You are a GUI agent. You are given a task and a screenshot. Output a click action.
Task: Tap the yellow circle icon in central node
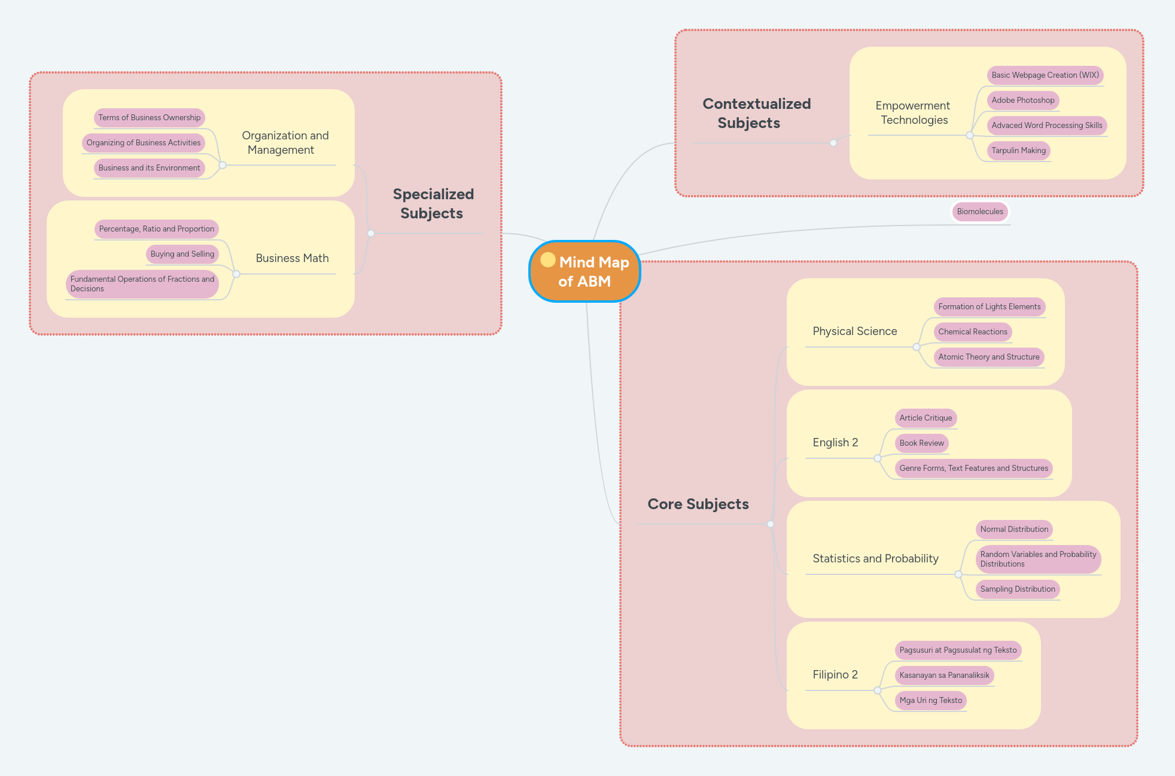(x=547, y=260)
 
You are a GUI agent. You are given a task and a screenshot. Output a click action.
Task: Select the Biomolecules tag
(x=979, y=212)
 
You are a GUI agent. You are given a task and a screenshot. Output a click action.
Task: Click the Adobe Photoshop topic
(x=1022, y=101)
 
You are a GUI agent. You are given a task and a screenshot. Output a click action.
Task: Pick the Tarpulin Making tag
(x=1018, y=151)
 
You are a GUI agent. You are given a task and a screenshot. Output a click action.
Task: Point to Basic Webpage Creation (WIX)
(x=1045, y=75)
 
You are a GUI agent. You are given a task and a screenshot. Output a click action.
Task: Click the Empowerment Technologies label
(x=913, y=113)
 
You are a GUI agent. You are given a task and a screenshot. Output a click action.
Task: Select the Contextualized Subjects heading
(x=756, y=114)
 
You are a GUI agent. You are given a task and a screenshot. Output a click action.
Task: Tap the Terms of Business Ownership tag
(x=149, y=118)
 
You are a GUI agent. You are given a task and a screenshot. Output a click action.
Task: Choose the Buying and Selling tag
(x=182, y=254)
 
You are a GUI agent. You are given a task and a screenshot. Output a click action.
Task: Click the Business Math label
(x=292, y=258)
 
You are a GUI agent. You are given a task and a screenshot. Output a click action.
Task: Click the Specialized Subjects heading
(x=433, y=204)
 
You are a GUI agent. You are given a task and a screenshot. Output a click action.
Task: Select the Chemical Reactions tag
(x=972, y=332)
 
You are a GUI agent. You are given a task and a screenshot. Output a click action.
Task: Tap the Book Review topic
(x=921, y=443)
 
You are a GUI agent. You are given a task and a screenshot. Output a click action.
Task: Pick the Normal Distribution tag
(x=1014, y=529)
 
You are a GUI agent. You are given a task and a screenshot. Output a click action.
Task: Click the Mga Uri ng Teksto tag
(x=930, y=701)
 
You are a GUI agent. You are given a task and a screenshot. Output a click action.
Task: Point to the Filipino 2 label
(x=835, y=675)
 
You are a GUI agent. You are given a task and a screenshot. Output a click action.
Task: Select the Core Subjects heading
(x=698, y=504)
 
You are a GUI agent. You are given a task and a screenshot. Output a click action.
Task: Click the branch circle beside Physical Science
(x=917, y=347)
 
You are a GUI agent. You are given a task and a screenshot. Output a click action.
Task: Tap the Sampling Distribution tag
(x=1017, y=589)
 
